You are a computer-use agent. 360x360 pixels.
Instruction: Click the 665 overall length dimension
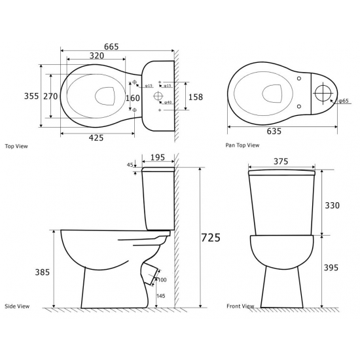tap(111, 46)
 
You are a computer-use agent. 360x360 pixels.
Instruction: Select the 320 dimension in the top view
tap(97, 56)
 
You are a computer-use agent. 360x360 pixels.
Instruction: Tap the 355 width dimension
tap(31, 96)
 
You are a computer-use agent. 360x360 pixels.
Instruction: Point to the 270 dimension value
tap(50, 96)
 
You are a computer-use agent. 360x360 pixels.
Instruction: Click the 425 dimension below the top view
tap(96, 137)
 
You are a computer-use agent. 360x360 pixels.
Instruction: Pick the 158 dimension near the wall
tap(196, 97)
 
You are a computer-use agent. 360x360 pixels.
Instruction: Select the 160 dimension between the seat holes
tap(133, 98)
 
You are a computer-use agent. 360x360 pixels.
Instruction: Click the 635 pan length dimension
tap(274, 131)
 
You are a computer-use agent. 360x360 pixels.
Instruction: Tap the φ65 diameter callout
tap(344, 101)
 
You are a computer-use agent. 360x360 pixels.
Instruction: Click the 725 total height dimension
tap(211, 238)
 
